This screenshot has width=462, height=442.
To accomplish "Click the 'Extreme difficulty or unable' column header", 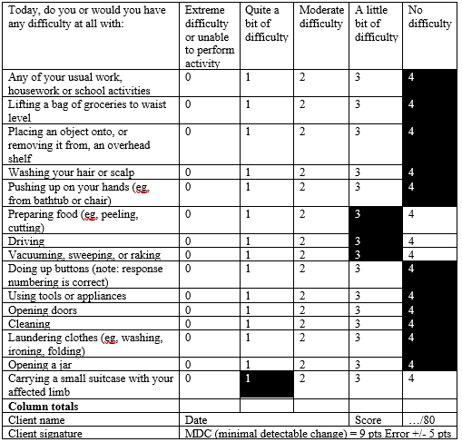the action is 210,35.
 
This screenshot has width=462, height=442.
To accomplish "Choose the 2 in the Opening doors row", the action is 301,309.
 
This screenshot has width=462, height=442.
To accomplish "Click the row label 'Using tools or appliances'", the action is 68,296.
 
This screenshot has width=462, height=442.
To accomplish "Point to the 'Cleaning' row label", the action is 29,323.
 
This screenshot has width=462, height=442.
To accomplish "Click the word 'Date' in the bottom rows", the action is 196,420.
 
